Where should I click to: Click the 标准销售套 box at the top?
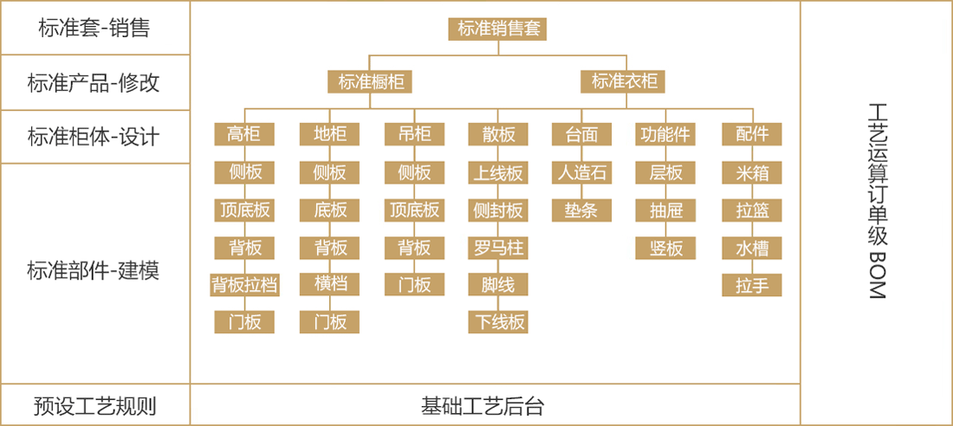pyautogui.click(x=498, y=29)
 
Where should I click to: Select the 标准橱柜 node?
pyautogui.click(x=370, y=81)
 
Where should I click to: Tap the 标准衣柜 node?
pyautogui.click(x=624, y=81)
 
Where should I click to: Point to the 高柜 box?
pyautogui.click(x=244, y=134)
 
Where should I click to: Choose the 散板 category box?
pyautogui.click(x=498, y=134)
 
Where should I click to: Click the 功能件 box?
pyautogui.click(x=666, y=134)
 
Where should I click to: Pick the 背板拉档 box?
pyautogui.click(x=244, y=284)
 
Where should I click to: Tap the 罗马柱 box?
pyautogui.click(x=498, y=248)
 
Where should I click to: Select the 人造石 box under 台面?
pyautogui.click(x=581, y=173)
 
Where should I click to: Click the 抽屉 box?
pyautogui.click(x=666, y=210)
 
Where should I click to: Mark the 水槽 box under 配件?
pyautogui.click(x=752, y=248)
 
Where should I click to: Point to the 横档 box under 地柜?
pyautogui.click(x=329, y=284)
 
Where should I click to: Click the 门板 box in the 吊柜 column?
pyautogui.click(x=414, y=284)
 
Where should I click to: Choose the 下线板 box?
pyautogui.click(x=498, y=322)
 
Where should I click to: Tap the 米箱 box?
pyautogui.click(x=752, y=173)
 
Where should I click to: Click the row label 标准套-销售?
pyautogui.click(x=94, y=29)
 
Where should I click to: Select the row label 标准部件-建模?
pyautogui.click(x=94, y=270)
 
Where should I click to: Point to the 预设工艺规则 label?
pyautogui.click(x=94, y=406)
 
